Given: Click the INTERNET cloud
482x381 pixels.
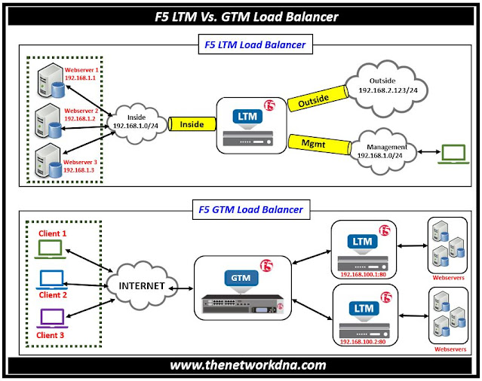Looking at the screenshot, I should tap(141, 286).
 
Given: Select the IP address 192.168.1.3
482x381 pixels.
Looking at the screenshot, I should tap(79, 171).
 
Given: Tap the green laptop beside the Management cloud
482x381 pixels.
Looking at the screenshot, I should tap(454, 153).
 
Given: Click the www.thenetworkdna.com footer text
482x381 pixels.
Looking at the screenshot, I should tap(241, 365).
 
